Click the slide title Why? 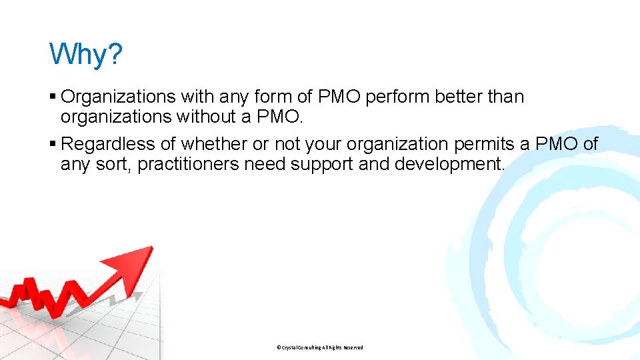(x=86, y=54)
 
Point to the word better (x=460, y=97)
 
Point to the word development (x=449, y=165)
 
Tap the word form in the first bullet (x=271, y=97)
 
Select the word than (x=507, y=97)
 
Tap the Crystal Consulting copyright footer (x=319, y=347)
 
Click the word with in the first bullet (x=196, y=97)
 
